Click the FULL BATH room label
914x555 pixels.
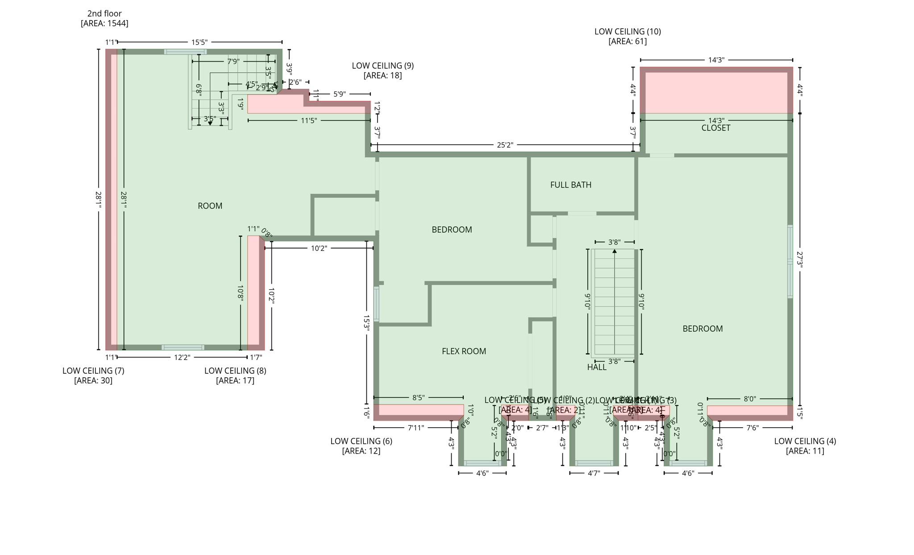570,185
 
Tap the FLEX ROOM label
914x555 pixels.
464,351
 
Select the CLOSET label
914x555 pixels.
715,128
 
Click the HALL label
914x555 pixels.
596,367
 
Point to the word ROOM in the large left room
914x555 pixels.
210,206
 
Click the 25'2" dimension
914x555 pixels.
505,145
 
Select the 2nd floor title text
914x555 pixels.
104,14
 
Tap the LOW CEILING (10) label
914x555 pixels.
627,32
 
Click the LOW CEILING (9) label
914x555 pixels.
382,66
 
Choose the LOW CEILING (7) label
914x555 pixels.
93,371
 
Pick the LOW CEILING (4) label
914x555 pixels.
805,441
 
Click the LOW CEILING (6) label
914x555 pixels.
361,441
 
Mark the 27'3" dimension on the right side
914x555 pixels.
799,260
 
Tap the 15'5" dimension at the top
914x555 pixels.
199,42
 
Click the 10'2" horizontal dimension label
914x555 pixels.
319,248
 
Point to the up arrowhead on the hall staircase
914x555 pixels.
615,252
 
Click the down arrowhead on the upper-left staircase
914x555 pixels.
210,123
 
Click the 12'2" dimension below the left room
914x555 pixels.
182,357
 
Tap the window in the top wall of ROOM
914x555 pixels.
185,52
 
